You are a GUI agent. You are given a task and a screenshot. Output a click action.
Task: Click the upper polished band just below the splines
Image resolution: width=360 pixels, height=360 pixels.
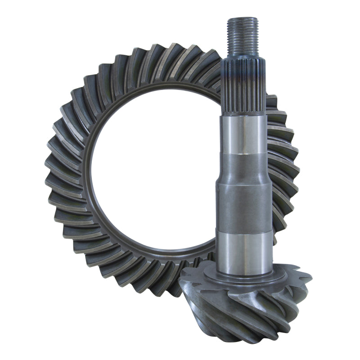246,135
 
